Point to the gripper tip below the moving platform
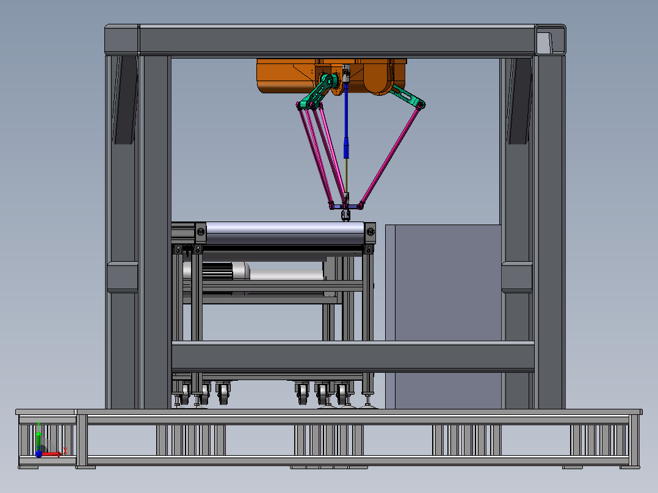point(345,215)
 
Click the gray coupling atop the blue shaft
point(346,75)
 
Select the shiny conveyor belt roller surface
point(284,233)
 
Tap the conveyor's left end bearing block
point(200,232)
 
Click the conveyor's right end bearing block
point(370,232)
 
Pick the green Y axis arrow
point(38,438)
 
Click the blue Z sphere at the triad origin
point(38,453)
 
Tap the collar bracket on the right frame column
point(518,277)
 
